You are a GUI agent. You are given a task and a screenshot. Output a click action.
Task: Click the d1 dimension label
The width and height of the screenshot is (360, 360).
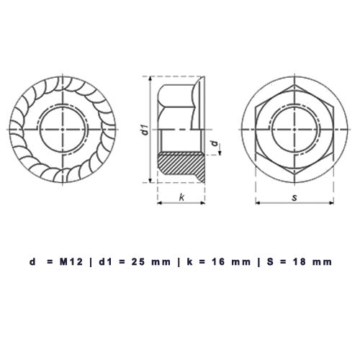tap(144, 130)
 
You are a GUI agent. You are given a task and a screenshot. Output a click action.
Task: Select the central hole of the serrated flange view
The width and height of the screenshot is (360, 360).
tap(63, 128)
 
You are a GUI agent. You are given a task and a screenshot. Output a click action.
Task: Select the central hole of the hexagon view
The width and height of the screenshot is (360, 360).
tap(294, 128)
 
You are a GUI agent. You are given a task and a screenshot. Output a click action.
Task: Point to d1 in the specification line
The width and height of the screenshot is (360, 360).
tap(106, 262)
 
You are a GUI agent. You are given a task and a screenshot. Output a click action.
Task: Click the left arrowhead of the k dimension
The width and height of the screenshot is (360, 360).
tap(158, 203)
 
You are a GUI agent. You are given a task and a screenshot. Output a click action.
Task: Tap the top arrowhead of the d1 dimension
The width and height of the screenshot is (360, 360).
tap(149, 77)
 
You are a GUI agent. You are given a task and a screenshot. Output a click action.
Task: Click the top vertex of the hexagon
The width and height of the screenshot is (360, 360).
tap(294, 84)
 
